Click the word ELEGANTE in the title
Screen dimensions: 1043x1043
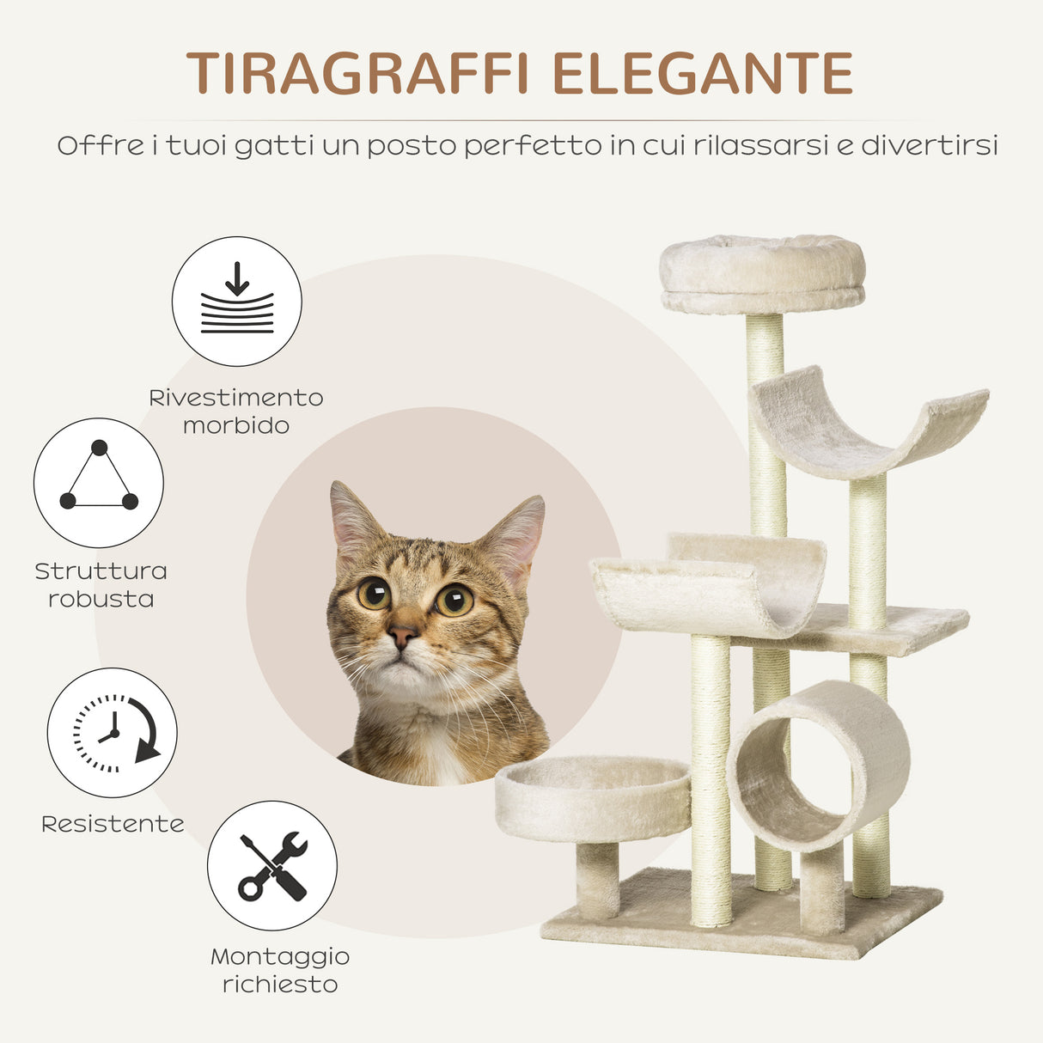coord(702,73)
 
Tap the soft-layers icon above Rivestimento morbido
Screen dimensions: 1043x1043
coord(236,302)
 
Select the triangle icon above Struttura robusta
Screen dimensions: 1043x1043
coord(99,482)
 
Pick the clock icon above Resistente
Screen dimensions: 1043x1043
coord(112,733)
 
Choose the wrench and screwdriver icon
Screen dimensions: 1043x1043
coord(272,865)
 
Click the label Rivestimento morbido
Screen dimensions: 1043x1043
coord(236,412)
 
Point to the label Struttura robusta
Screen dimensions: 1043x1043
coord(101,585)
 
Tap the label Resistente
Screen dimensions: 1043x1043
coord(113,824)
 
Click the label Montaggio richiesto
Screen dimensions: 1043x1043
coord(280,970)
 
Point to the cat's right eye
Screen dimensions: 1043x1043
coord(454,599)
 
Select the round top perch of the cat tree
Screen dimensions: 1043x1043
coord(762,273)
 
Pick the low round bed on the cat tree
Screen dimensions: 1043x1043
coord(592,798)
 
